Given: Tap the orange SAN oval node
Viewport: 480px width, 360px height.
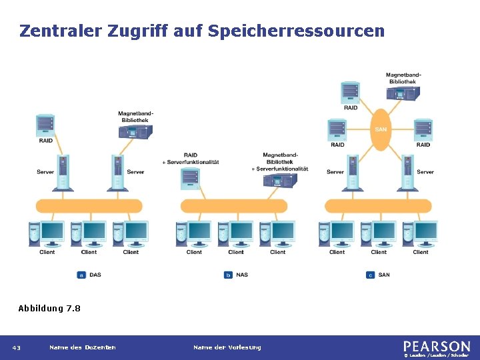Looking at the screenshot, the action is pos(380,129).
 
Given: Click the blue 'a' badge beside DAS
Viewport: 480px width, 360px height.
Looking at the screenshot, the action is pos(82,275).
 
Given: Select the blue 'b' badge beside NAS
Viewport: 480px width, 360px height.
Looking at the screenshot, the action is pos(229,275).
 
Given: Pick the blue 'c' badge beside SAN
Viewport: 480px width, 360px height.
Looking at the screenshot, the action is pos(371,275).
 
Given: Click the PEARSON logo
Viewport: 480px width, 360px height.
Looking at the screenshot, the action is pos(436,347).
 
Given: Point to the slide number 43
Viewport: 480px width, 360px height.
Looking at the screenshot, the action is pos(17,347).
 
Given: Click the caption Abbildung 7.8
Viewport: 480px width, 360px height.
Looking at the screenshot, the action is pos(49,308).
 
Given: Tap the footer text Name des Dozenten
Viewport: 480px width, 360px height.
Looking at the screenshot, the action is pos(82,347).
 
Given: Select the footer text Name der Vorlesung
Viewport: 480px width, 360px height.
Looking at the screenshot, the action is pos(227,347).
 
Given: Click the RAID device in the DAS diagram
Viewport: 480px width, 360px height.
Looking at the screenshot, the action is pos(45,125).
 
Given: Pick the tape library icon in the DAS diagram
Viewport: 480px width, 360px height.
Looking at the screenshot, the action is pos(135,131).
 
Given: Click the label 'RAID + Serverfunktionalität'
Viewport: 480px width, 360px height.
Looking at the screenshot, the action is pos(191,159).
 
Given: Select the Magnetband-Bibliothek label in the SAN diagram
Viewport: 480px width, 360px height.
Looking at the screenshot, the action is pos(401,78).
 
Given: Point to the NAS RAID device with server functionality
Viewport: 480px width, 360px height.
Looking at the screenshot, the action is pos(191,177).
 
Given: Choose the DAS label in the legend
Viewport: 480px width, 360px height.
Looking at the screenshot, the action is pos(95,275).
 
